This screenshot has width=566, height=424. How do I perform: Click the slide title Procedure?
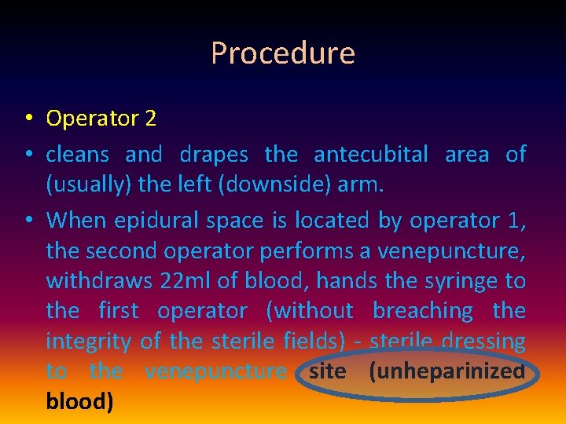pos(283,53)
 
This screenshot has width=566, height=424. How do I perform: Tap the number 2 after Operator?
pos(150,119)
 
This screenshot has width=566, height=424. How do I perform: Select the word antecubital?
pos(371,155)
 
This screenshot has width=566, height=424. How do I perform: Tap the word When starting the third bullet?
pos(77,221)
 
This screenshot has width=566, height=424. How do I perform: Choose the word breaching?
pos(423,312)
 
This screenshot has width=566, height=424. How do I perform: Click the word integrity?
pos(89,342)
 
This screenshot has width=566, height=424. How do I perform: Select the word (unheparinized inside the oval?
pos(446,371)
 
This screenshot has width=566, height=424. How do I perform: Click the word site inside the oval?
pos(327,371)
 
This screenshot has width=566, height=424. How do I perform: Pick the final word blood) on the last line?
pos(79,401)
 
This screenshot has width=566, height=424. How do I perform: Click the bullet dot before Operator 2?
pos(28,119)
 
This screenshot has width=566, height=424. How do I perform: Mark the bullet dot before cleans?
pos(28,155)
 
